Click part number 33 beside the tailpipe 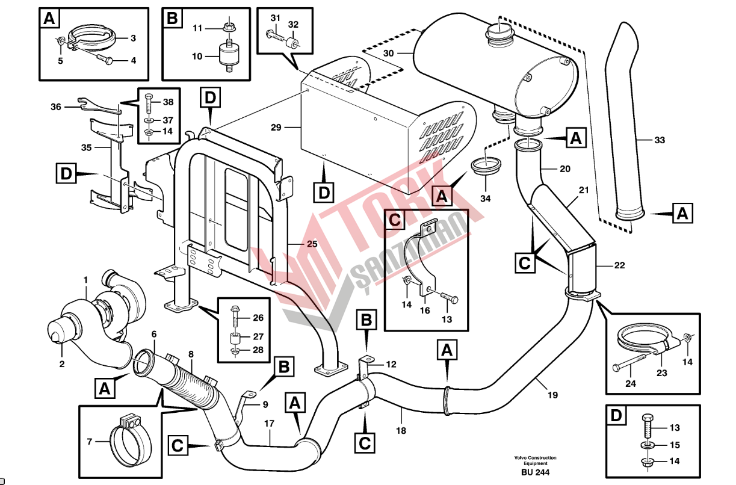click(x=660, y=140)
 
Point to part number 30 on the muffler click(x=388, y=54)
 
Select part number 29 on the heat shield click(x=276, y=127)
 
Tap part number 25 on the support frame click(x=311, y=244)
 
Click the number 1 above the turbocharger click(x=85, y=280)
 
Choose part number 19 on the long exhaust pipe click(x=552, y=395)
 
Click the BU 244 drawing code click(x=535, y=472)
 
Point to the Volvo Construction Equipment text click(x=535, y=460)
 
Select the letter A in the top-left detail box click(x=49, y=19)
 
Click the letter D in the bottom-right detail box click(x=614, y=415)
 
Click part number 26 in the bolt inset click(x=258, y=318)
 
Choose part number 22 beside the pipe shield click(x=619, y=265)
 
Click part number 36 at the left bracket click(x=56, y=107)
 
